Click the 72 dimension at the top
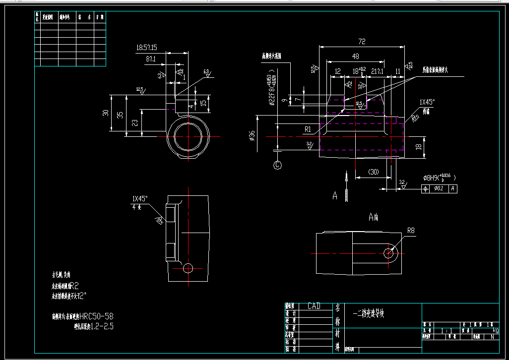361,42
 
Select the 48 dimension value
356,57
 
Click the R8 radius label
411,231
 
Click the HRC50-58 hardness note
97,316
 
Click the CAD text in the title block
314,306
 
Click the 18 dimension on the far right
419,147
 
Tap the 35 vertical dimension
119,115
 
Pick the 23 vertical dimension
135,121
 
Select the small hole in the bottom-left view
188,268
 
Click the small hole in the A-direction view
389,253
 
